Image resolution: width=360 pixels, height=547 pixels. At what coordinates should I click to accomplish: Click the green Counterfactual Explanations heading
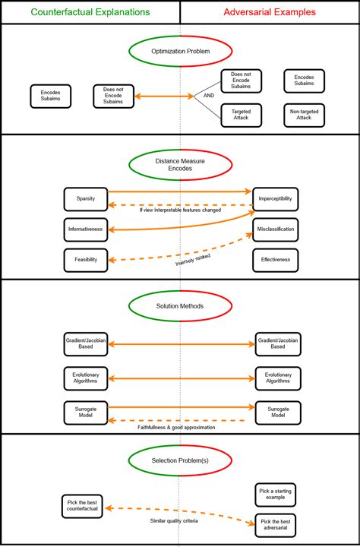tap(90, 12)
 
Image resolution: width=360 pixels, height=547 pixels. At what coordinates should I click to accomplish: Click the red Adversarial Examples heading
tap(270, 12)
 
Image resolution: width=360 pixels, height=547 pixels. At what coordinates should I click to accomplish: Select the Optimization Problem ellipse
tap(180, 52)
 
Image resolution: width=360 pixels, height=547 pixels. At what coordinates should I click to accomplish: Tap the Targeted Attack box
tap(241, 115)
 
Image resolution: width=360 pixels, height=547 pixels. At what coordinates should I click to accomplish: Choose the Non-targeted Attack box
tap(304, 115)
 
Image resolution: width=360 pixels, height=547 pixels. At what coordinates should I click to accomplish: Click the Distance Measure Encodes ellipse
tap(180, 165)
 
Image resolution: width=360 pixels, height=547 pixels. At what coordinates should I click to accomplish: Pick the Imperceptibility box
tap(275, 198)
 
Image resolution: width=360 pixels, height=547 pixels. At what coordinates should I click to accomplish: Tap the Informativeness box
tap(85, 229)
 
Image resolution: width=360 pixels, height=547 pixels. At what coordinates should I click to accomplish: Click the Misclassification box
tap(275, 229)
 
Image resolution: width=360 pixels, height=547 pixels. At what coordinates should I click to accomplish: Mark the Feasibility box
tap(85, 259)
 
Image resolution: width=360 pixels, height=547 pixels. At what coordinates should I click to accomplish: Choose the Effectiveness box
tap(275, 260)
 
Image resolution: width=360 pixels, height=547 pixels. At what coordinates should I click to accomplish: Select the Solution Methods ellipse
tap(180, 306)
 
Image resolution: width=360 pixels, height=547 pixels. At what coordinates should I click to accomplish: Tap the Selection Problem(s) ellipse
tap(180, 460)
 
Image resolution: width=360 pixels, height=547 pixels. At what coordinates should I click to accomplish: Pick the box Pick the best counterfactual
tap(84, 507)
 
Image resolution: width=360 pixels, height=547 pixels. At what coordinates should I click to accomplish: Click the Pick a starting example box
tap(275, 495)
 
